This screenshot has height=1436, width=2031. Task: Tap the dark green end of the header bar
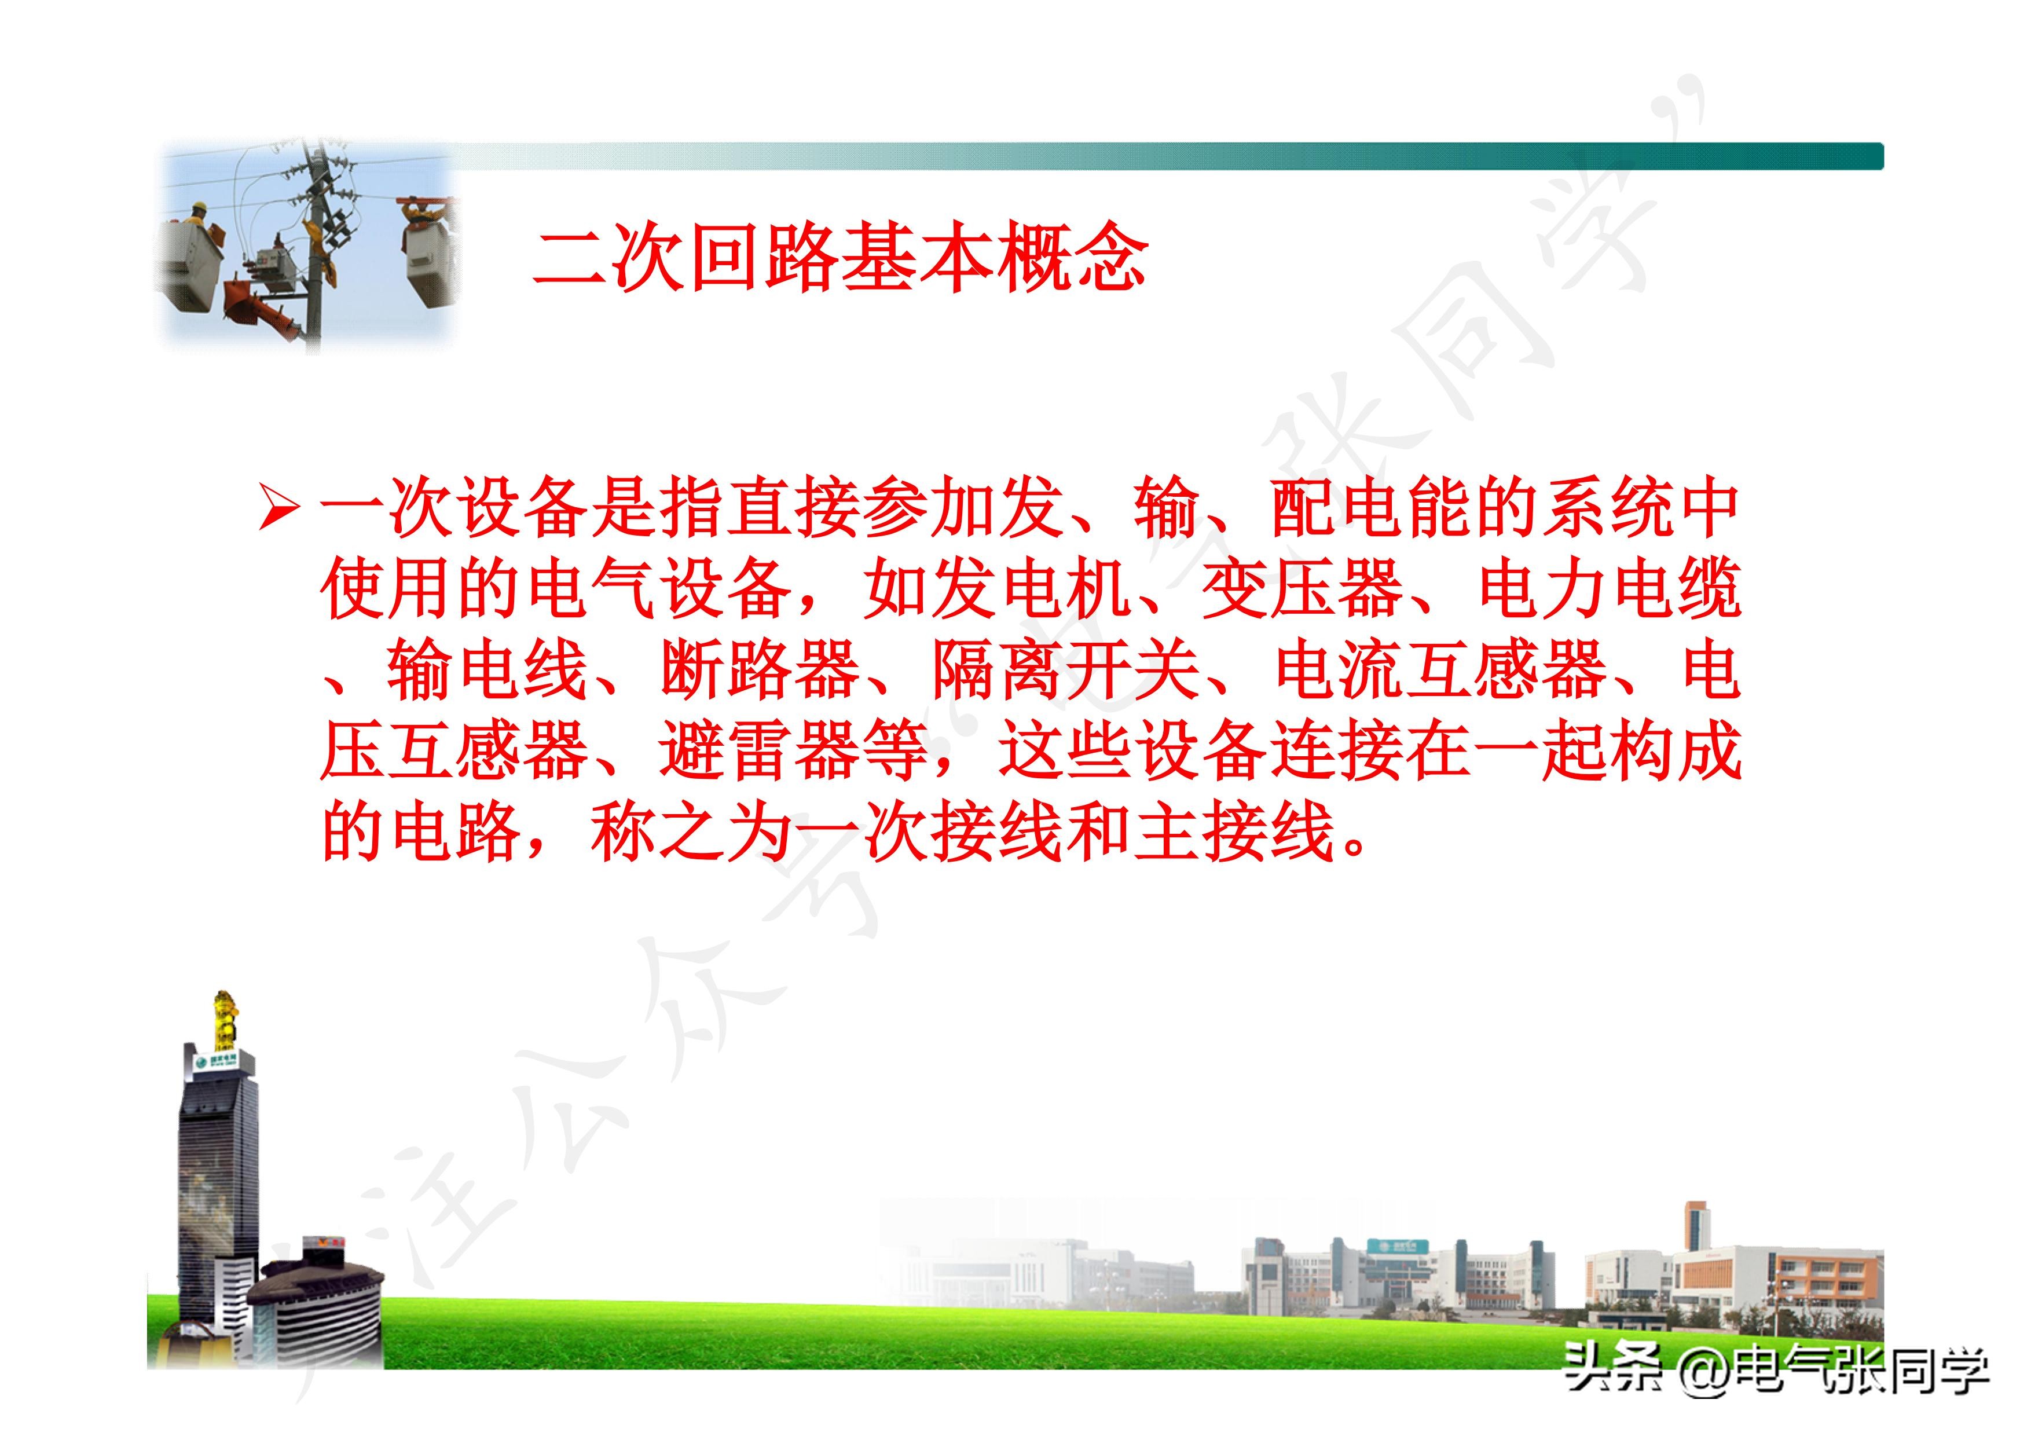[x=1849, y=156]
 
